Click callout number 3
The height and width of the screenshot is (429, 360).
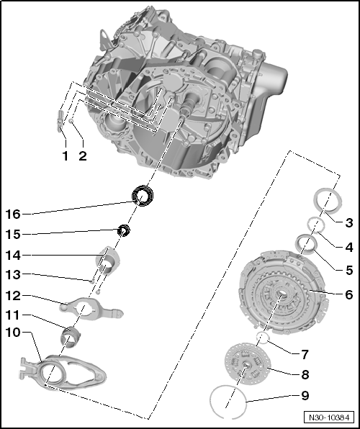pyautogui.click(x=348, y=222)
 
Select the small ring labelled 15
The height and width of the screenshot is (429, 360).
pyautogui.click(x=123, y=230)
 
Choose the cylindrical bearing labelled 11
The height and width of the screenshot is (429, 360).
pyautogui.click(x=71, y=337)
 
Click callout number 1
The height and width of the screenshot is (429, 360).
pyautogui.click(x=64, y=155)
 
